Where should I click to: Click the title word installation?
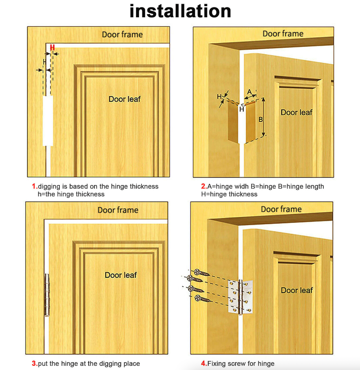(x=180, y=11)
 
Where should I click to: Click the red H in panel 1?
(x=52, y=47)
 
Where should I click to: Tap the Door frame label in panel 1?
(x=122, y=35)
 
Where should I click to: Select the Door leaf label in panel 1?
(x=125, y=99)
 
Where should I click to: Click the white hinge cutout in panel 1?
(x=48, y=121)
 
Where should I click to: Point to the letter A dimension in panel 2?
(x=249, y=91)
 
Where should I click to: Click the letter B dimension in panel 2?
(x=261, y=119)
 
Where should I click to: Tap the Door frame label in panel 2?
(x=283, y=34)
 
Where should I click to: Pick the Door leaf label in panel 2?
(x=296, y=112)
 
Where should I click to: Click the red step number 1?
(x=35, y=186)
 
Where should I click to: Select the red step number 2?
(x=204, y=186)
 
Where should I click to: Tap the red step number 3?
(x=35, y=363)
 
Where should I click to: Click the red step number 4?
(x=204, y=363)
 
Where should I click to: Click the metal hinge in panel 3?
(x=47, y=295)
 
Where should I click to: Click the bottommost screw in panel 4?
(x=202, y=299)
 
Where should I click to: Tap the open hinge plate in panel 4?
(x=240, y=297)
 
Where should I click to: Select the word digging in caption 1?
(x=49, y=187)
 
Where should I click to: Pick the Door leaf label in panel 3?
(x=121, y=275)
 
